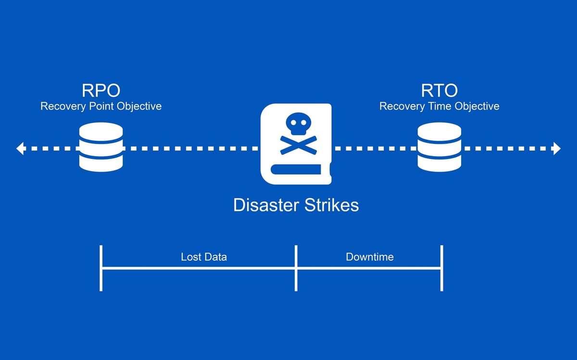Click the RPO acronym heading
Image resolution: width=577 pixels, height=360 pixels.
[x=101, y=90]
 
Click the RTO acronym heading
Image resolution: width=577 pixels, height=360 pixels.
[x=439, y=90]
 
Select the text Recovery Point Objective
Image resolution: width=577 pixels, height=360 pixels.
[x=101, y=106]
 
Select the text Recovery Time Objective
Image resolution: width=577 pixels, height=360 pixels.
[x=439, y=106]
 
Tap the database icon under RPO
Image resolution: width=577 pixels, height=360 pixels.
[x=101, y=147]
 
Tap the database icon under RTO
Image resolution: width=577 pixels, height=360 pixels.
[x=439, y=147]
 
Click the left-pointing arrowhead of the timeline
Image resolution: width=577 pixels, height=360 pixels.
[x=20, y=149]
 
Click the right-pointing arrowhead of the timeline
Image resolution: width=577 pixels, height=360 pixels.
[x=556, y=149]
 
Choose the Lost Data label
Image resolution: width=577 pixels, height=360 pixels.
[x=204, y=257]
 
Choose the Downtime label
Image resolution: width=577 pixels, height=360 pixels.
[x=370, y=257]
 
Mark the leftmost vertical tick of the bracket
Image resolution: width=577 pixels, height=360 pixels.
[x=101, y=268]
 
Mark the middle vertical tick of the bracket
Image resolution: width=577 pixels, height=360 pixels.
[x=296, y=268]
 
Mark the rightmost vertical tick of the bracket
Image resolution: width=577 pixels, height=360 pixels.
[x=441, y=268]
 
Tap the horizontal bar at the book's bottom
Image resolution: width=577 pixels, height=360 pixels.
[x=295, y=169]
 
